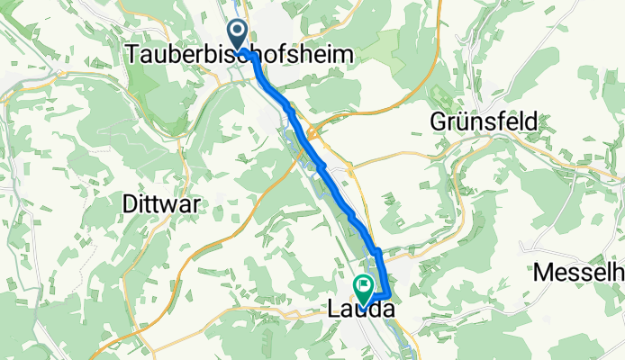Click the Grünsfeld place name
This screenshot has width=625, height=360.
tap(485, 121)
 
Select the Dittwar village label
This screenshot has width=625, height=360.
tap(160, 203)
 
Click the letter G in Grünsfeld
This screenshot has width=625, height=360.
tap(439, 121)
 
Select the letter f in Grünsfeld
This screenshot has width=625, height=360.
tap(502, 121)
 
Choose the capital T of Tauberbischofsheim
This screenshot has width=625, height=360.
tap(133, 55)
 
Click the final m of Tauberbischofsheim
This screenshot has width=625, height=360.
tap(341, 55)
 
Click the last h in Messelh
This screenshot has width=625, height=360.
tap(618, 271)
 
